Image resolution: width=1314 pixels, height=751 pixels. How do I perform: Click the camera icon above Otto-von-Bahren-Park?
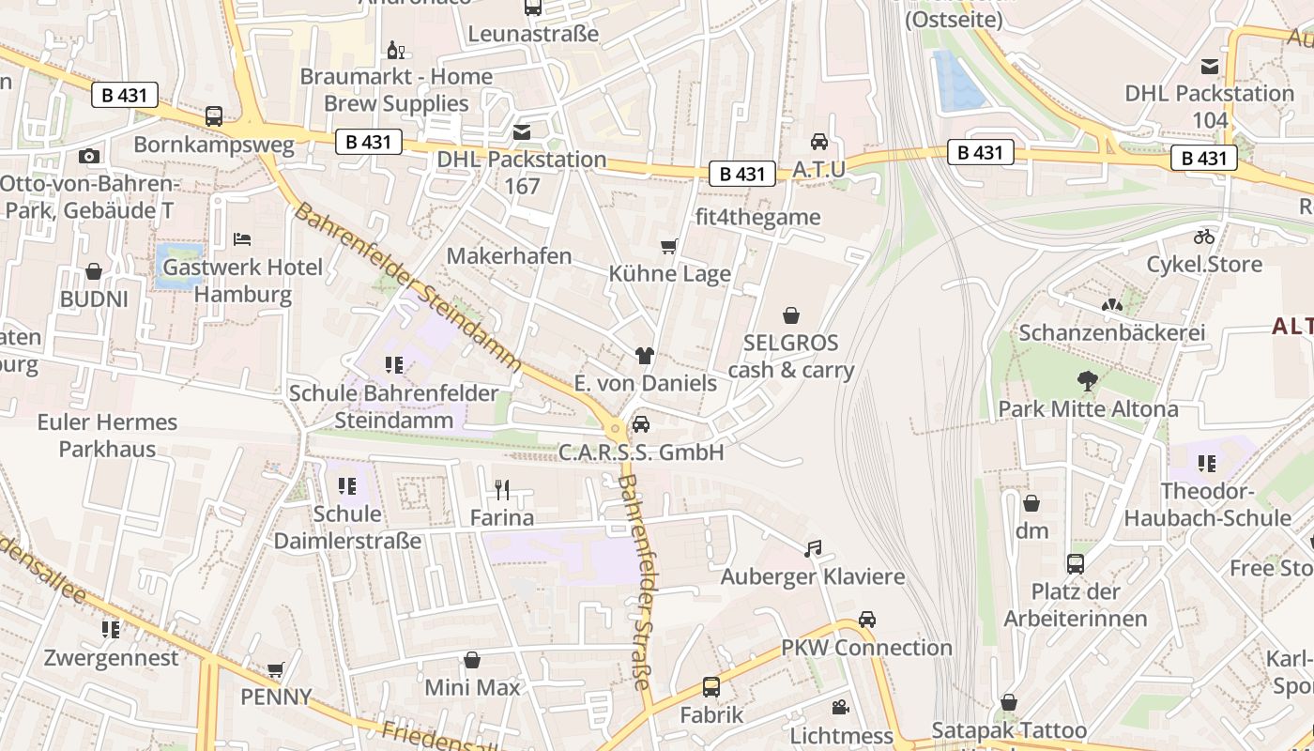tap(89, 156)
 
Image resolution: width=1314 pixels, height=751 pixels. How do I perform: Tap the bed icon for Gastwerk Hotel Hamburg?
tap(242, 238)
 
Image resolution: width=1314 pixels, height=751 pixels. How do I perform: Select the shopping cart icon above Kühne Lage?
tap(668, 247)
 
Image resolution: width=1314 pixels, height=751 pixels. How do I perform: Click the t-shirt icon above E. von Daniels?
tap(644, 356)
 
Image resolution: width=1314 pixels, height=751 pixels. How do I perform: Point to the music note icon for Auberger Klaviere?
tap(813, 548)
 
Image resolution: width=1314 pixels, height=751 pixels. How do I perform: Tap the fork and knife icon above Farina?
tap(502, 489)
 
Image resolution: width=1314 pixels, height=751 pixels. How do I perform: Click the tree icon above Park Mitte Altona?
tap(1088, 381)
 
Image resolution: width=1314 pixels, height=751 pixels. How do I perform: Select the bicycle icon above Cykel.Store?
tap(1204, 236)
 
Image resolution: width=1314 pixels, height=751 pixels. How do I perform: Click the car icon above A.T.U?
tap(819, 142)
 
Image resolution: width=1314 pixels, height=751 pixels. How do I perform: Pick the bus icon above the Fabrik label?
tap(711, 687)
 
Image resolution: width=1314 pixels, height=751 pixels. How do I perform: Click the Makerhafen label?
tap(509, 255)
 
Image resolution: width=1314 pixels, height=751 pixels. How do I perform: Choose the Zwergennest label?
tap(111, 657)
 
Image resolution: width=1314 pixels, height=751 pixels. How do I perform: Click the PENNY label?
tap(276, 697)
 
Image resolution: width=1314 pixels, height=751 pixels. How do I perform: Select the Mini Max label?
tap(472, 687)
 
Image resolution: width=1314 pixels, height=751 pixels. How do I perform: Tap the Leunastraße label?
tap(533, 35)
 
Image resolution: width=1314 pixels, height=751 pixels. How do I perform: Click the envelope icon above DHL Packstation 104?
tap(1210, 66)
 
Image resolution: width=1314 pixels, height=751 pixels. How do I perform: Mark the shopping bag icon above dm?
tap(1031, 503)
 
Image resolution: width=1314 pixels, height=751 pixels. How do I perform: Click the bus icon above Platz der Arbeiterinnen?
tap(1076, 564)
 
